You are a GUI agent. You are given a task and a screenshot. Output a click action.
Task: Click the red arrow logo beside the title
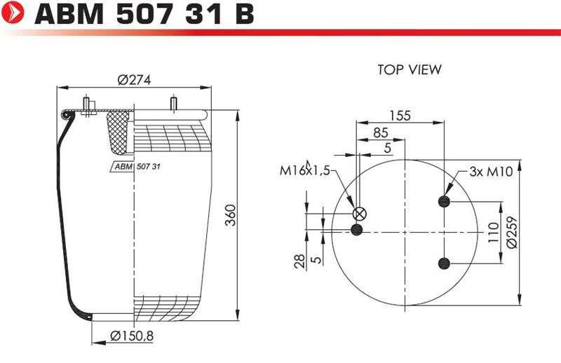pyautogui.click(x=13, y=13)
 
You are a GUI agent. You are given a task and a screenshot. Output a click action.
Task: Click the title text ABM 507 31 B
pyautogui.click(x=144, y=13)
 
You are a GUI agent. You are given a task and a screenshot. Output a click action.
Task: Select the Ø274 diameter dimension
pyautogui.click(x=134, y=79)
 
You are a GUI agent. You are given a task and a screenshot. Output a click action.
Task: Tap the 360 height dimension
pyautogui.click(x=231, y=215)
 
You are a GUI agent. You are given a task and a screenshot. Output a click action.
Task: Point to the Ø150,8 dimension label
pyautogui.click(x=132, y=336)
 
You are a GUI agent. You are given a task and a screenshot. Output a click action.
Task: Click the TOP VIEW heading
pyautogui.click(x=410, y=69)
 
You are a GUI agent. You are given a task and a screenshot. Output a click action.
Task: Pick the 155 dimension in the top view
pyautogui.click(x=400, y=116)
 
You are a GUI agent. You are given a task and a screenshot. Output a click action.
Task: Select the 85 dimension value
pyautogui.click(x=381, y=132)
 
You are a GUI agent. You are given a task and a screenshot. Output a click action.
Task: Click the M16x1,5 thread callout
pyautogui.click(x=304, y=170)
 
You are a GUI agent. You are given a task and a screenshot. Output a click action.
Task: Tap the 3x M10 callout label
pyautogui.click(x=491, y=172)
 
